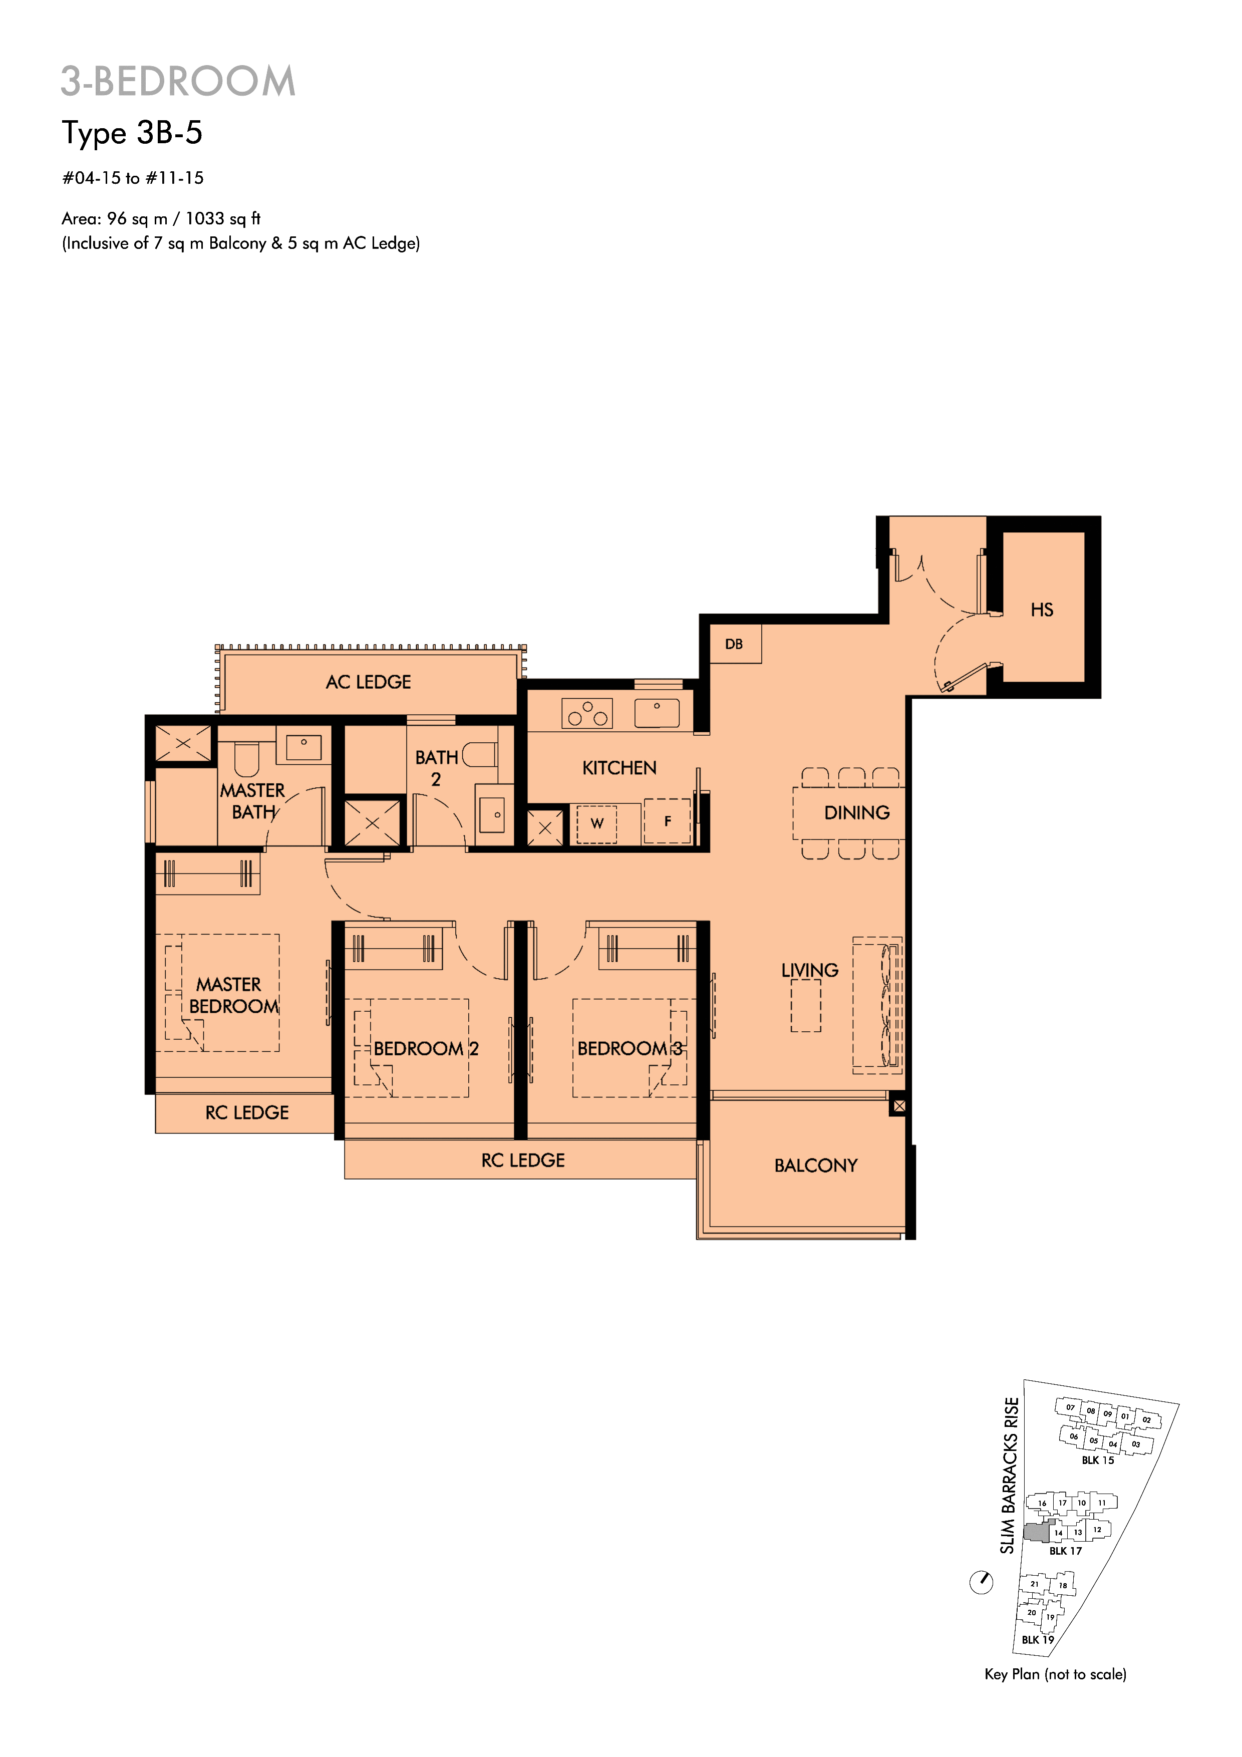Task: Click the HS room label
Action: point(1042,610)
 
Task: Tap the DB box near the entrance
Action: point(735,644)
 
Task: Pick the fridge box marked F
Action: point(667,821)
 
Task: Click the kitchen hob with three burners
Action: point(587,713)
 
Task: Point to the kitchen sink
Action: point(657,712)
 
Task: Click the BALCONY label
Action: point(816,1165)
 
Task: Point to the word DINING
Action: point(856,813)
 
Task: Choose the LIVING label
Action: point(810,970)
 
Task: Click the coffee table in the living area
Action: point(806,1006)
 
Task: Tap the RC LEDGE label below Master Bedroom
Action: point(247,1113)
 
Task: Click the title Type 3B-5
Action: point(132,133)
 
